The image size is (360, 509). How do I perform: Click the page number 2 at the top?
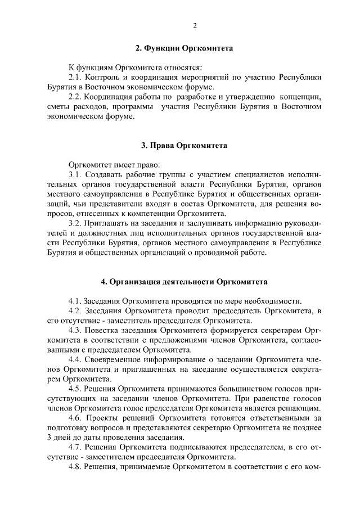coord(195,25)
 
